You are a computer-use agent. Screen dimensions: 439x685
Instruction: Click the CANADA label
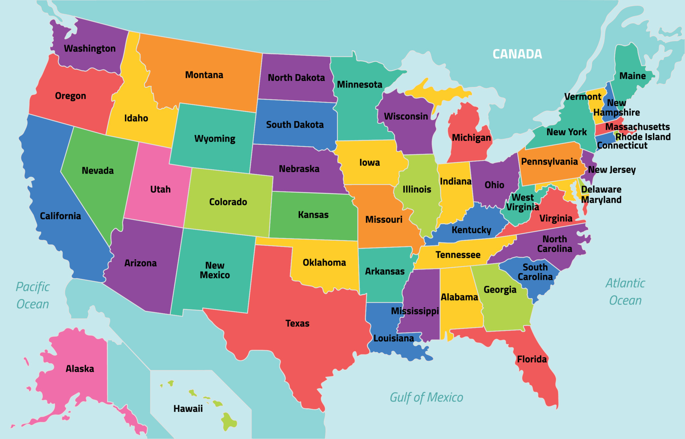tap(517, 54)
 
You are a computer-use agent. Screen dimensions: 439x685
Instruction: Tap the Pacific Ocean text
tap(32, 295)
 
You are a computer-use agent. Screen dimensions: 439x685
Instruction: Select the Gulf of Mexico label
tap(426, 397)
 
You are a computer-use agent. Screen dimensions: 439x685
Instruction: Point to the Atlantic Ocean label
tap(625, 291)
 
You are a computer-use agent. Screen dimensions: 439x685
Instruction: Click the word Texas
tap(297, 324)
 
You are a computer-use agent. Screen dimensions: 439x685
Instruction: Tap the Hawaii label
tap(188, 409)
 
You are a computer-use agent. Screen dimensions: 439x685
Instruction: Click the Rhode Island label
tap(643, 137)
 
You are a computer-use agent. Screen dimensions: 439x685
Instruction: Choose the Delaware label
tap(601, 189)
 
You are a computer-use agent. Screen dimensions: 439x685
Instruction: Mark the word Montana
tap(204, 75)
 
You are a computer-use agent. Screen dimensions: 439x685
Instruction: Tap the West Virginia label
tap(522, 202)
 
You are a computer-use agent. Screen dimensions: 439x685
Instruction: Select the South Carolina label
tap(535, 272)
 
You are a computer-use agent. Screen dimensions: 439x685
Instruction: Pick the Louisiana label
tap(394, 338)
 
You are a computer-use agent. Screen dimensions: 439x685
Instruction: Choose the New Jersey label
tap(612, 170)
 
